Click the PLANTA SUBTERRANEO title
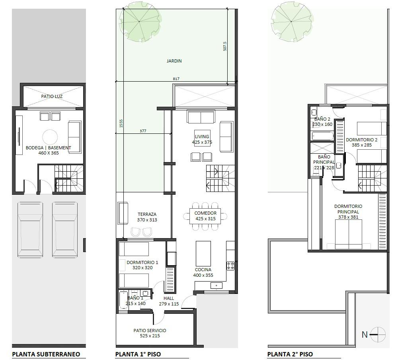pyautogui.click(x=46, y=354)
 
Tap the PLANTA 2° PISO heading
pyautogui.click(x=290, y=354)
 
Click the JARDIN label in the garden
pyautogui.click(x=174, y=61)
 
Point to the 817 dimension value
pyautogui.click(x=176, y=79)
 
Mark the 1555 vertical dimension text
pyautogui.click(x=121, y=123)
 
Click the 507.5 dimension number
pyautogui.click(x=225, y=46)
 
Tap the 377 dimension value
pyautogui.click(x=143, y=131)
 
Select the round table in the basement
pyautogui.click(x=50, y=137)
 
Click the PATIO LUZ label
pyautogui.click(x=52, y=96)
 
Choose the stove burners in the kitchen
pyautogui.click(x=231, y=266)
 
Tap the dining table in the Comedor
pyautogui.click(x=205, y=216)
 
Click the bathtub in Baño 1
pyautogui.click(x=123, y=300)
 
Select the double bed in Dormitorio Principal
pyautogui.click(x=348, y=234)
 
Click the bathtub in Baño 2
pyautogui.click(x=323, y=136)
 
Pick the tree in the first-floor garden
pyautogui.click(x=139, y=21)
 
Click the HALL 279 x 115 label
pyautogui.click(x=169, y=301)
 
